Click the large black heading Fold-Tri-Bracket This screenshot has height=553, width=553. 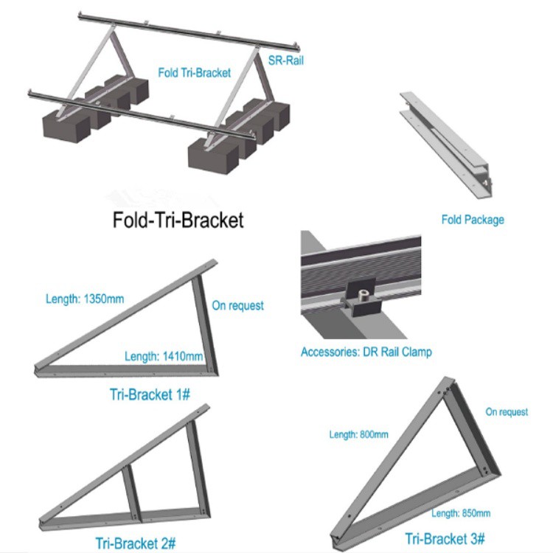177,220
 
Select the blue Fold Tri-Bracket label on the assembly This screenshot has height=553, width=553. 195,73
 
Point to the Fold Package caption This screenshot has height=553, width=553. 473,220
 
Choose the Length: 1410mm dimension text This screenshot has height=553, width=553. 164,357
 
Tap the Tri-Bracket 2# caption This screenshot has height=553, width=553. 134,543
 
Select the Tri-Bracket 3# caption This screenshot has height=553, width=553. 438,538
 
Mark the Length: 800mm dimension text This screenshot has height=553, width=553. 358,435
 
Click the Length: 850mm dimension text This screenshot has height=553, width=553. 461,513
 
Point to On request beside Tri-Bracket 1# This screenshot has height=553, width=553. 238,305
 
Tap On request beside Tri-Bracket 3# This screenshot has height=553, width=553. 507,412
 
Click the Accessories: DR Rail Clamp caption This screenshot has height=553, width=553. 366,352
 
